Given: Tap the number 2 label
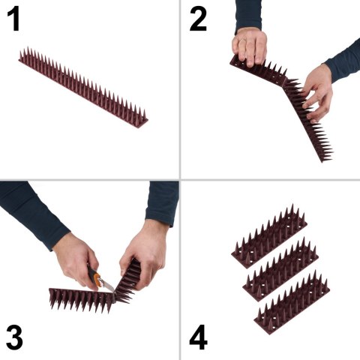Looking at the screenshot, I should tap(197, 18).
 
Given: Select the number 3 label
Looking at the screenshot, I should tap(15, 337).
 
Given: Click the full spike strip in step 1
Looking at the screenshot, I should tap(82, 86).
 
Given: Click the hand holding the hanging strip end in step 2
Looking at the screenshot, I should tap(318, 92).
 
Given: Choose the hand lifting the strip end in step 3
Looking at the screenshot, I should tap(144, 251).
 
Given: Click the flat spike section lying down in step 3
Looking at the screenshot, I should tap(79, 298).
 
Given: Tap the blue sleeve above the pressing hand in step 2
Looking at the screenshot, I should tap(248, 15).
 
